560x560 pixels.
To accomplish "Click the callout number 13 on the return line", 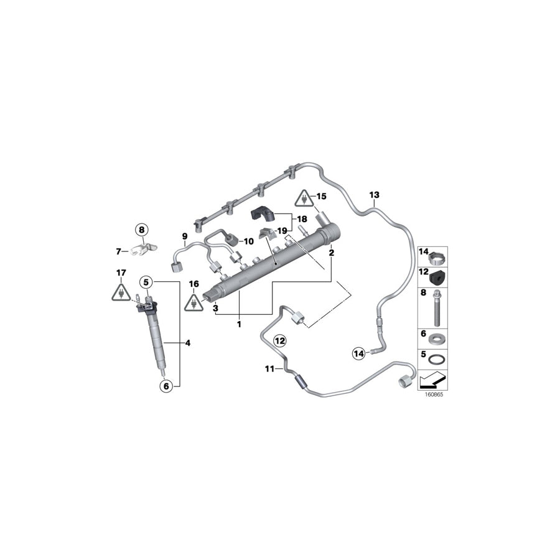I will (374, 195).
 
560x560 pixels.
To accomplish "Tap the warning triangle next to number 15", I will (304, 198).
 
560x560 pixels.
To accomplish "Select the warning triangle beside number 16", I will (194, 302).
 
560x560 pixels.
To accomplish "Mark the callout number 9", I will (185, 236).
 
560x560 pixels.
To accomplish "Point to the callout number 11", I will (269, 369).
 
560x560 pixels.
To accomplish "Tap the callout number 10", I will (248, 241).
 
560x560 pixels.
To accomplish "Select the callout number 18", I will (302, 219).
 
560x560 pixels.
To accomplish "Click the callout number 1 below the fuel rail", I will (240, 324).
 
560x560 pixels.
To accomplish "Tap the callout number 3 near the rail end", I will (215, 308).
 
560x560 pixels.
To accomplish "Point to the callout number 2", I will (332, 253).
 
